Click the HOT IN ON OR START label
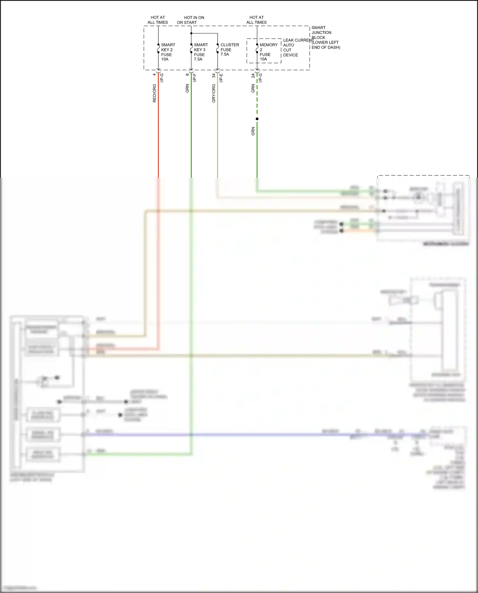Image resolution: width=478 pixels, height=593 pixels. [x=191, y=20]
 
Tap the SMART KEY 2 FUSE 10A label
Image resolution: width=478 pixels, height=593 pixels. [x=168, y=52]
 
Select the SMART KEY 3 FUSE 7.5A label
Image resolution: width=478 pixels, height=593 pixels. [x=200, y=52]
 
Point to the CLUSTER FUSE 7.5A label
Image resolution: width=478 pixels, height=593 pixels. [x=229, y=49]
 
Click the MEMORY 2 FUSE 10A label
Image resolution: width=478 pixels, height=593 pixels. [x=268, y=52]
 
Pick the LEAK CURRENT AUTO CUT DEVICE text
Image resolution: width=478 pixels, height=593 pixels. [x=298, y=47]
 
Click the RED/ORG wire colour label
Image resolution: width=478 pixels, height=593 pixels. [x=155, y=93]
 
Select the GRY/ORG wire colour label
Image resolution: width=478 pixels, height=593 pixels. [x=214, y=93]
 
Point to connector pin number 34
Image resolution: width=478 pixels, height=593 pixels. [x=214, y=76]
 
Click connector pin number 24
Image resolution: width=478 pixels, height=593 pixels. [x=253, y=76]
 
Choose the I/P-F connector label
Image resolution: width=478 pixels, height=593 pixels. [x=195, y=77]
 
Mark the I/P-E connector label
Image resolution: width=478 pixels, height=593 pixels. [x=221, y=77]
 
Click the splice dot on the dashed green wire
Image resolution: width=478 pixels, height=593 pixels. [x=257, y=119]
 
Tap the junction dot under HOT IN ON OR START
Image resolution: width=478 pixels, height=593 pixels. [x=191, y=33]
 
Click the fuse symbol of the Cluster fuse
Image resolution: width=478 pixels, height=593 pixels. [x=218, y=48]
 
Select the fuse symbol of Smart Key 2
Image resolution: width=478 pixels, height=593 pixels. [x=158, y=48]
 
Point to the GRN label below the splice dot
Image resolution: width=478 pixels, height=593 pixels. [x=253, y=131]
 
